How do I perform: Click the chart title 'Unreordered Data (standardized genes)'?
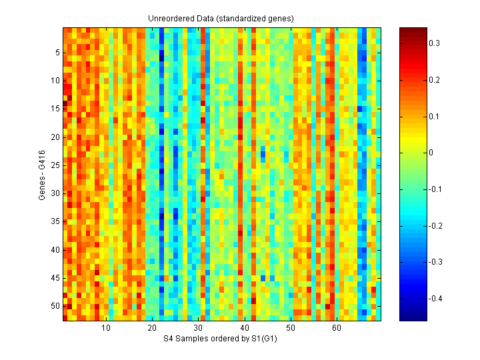pos(221,18)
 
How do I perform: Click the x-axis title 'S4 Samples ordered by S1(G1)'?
pos(221,339)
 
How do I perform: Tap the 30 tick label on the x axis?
pos(199,329)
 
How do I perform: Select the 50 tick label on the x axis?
pos(291,329)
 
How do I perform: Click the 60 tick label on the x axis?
pos(337,329)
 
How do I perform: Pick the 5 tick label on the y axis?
pos(57,52)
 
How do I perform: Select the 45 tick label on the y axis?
pos(55,277)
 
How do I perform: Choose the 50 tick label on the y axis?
pos(55,305)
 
